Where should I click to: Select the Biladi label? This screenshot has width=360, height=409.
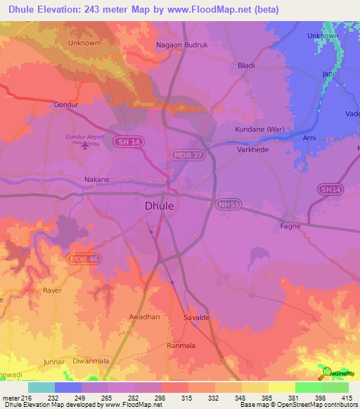click(x=246, y=65)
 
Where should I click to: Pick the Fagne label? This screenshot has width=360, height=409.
click(x=290, y=226)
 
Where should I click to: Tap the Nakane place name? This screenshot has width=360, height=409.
click(x=97, y=179)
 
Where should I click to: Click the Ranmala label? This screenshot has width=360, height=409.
click(x=181, y=346)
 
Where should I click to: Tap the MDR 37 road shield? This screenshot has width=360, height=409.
click(x=188, y=154)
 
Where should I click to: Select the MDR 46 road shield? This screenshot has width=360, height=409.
click(x=82, y=259)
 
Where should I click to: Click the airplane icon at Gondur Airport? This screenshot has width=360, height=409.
click(x=86, y=145)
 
